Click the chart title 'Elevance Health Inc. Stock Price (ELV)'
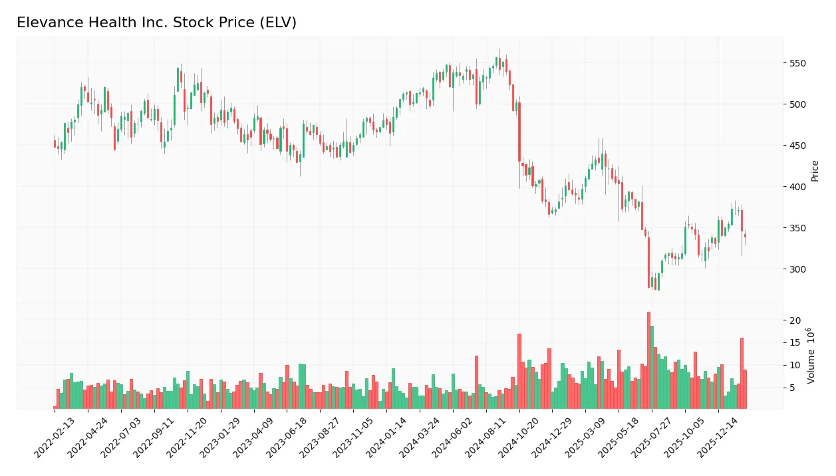pyautogui.click(x=156, y=23)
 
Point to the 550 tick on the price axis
pyautogui.click(x=797, y=63)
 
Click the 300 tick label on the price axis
pyautogui.click(x=797, y=269)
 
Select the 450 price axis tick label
pyautogui.click(x=797, y=146)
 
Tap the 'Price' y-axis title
pyautogui.click(x=815, y=171)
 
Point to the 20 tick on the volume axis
pyautogui.click(x=794, y=320)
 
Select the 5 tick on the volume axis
pyautogui.click(x=791, y=388)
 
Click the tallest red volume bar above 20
pyautogui.click(x=648, y=360)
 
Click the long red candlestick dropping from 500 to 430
pyautogui.click(x=519, y=132)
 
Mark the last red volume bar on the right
pyautogui.click(x=745, y=389)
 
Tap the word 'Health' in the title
pyautogui.click(x=96, y=23)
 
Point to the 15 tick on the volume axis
pyautogui.click(x=794, y=343)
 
